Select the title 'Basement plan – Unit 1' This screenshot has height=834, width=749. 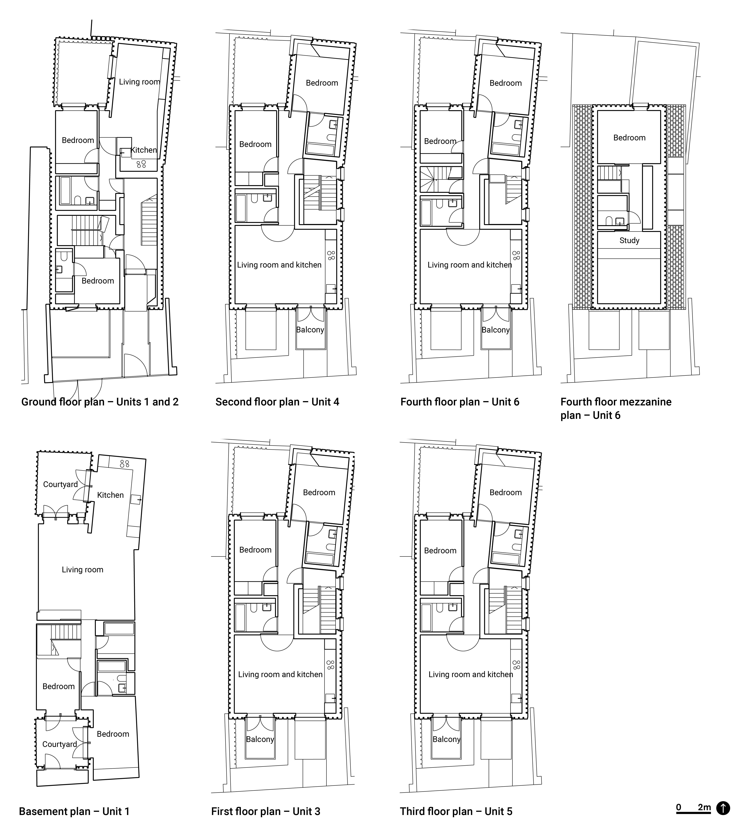pyautogui.click(x=74, y=811)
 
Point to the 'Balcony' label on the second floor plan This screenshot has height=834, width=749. pyautogui.click(x=310, y=330)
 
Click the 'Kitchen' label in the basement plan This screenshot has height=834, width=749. pyautogui.click(x=110, y=495)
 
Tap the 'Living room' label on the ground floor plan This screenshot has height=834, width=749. pyautogui.click(x=139, y=82)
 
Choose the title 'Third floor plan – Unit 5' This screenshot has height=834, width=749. pyautogui.click(x=456, y=811)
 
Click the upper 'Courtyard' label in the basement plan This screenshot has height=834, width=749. pyautogui.click(x=61, y=484)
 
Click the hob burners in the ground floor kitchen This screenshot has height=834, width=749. pyautogui.click(x=141, y=164)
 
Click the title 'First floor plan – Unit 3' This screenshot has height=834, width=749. pyautogui.click(x=265, y=811)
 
